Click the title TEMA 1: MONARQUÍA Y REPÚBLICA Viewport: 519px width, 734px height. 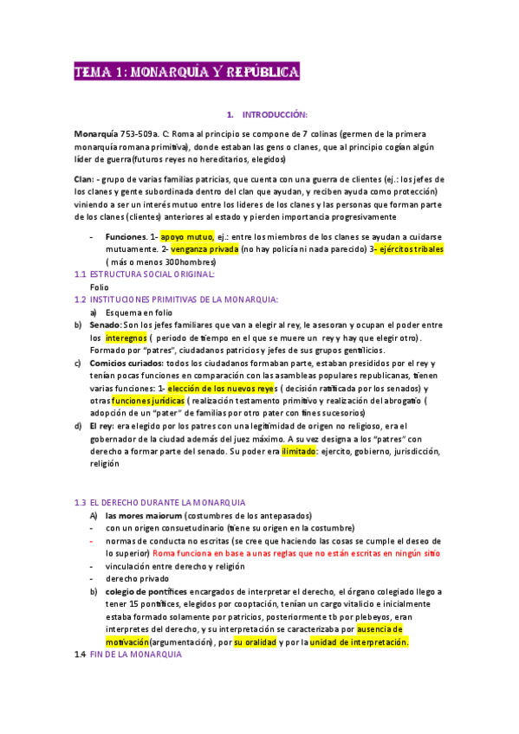pos(186,72)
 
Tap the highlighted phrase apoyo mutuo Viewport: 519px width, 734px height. pos(185,236)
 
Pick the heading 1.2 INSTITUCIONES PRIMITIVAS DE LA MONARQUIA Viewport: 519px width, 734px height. pos(183,299)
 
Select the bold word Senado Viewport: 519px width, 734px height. pos(107,324)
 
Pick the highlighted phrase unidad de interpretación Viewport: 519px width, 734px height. pos(358,642)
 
